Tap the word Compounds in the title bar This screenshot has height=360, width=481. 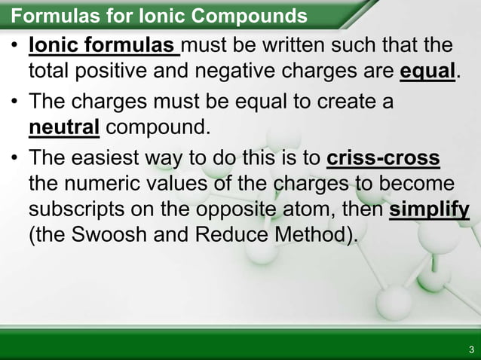coord(256,15)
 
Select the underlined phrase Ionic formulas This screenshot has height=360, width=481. coord(103,47)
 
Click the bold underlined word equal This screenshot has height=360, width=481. coord(427,71)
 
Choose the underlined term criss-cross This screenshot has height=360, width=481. coord(384,160)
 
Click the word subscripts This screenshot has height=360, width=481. coord(79,210)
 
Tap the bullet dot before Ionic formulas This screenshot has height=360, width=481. coord(15,47)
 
